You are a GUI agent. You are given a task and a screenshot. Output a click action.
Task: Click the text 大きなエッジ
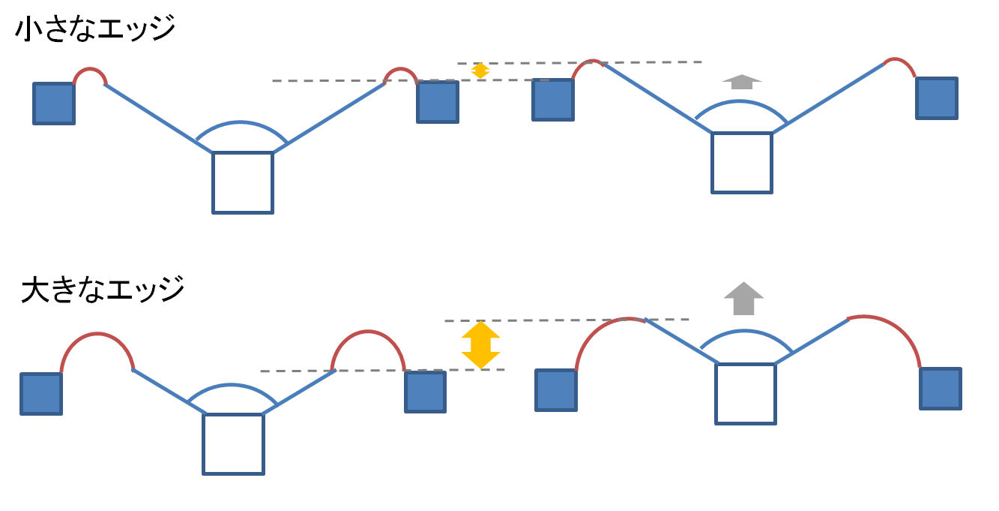point(103,289)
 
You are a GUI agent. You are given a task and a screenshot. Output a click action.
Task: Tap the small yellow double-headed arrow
point(480,71)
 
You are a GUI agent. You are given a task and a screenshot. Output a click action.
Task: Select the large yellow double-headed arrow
point(480,344)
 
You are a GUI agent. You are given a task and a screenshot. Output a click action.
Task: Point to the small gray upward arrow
point(741,82)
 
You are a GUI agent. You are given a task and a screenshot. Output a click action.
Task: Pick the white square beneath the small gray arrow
point(741,163)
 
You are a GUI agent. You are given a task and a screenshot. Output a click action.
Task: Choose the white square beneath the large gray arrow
point(745,393)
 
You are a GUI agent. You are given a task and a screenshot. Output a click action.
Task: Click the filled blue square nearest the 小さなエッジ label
point(54,103)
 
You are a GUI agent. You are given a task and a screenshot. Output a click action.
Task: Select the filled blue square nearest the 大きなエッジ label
point(40,394)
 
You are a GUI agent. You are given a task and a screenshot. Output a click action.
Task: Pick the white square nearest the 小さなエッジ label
point(242,182)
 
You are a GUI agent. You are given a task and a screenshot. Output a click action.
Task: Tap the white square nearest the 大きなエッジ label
point(233,443)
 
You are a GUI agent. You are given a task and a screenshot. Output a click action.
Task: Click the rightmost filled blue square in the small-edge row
point(936,98)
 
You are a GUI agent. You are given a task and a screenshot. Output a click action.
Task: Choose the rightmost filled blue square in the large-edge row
point(941,388)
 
